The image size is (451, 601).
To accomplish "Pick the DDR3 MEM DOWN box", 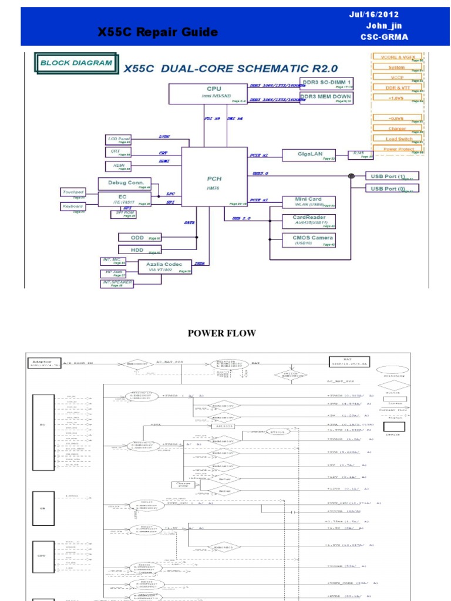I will (x=327, y=97).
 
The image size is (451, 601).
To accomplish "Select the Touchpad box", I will (x=73, y=193).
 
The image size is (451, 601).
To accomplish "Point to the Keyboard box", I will (x=73, y=207).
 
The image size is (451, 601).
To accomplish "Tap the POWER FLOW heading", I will (x=221, y=333).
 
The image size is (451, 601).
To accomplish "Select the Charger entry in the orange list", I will (x=398, y=129).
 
